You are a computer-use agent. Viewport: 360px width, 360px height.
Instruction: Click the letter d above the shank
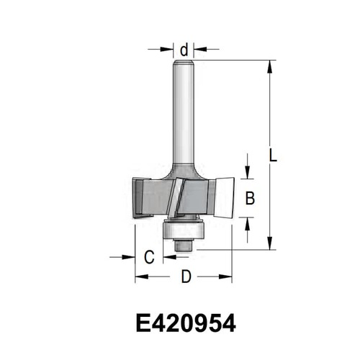click(184, 50)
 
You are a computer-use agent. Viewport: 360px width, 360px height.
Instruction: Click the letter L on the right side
click(272, 155)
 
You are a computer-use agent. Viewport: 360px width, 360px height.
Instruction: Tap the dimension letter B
click(250, 198)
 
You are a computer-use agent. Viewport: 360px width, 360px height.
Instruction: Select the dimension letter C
click(149, 257)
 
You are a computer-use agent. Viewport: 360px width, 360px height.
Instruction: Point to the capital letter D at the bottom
click(186, 276)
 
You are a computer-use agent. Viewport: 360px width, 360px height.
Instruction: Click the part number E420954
click(186, 323)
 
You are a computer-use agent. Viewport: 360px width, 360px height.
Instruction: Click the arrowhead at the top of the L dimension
click(270, 66)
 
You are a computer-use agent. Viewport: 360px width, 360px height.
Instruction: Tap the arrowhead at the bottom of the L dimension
click(270, 243)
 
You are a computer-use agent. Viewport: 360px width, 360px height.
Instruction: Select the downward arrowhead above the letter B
click(248, 172)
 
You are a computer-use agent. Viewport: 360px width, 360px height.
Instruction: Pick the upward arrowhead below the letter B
click(248, 224)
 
